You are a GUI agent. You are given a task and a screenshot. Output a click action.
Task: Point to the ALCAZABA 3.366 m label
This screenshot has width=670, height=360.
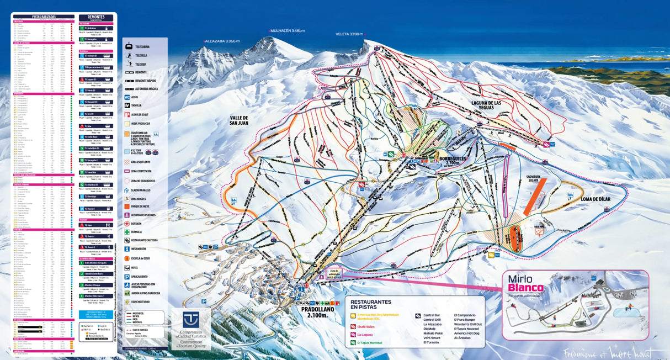(x=222, y=41)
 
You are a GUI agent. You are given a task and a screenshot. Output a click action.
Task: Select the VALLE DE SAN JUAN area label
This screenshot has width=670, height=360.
(x=240, y=120)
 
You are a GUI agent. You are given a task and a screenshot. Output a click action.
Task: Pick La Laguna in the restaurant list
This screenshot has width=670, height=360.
(x=366, y=334)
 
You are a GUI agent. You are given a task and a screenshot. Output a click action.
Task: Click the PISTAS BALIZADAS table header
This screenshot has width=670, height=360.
(x=43, y=17)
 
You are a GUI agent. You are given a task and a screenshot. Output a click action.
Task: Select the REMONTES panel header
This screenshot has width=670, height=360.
(x=96, y=18)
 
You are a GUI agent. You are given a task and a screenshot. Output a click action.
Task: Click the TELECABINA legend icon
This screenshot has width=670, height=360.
(x=128, y=46)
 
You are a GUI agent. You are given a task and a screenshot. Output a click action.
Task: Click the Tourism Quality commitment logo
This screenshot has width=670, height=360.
(x=190, y=329)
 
